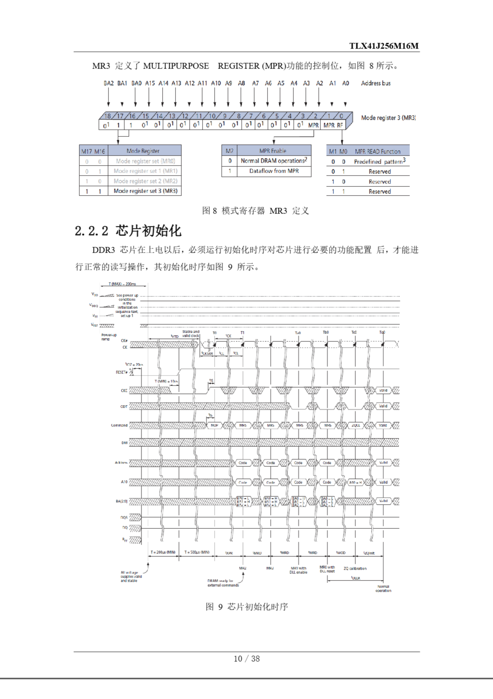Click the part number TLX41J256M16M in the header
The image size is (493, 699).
(384, 46)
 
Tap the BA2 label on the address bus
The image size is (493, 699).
(108, 83)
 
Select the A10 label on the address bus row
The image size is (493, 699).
(216, 83)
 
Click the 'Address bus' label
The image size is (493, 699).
(376, 83)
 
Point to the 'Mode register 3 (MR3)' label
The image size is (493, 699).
(388, 118)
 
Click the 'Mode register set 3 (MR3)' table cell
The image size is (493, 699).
(145, 191)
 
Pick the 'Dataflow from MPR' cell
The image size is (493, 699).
(274, 171)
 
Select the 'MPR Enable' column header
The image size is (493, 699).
(273, 151)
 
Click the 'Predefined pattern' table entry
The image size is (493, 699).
(379, 161)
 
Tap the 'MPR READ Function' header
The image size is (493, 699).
(377, 151)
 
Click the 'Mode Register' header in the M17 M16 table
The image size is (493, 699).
(143, 151)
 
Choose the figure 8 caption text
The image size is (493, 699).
(255, 211)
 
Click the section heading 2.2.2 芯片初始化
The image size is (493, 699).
(128, 231)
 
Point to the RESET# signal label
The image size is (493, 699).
(121, 372)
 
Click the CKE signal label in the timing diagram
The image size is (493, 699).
(124, 390)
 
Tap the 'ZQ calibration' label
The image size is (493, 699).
(355, 568)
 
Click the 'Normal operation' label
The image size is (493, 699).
(383, 588)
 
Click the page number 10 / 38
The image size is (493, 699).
(246, 659)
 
